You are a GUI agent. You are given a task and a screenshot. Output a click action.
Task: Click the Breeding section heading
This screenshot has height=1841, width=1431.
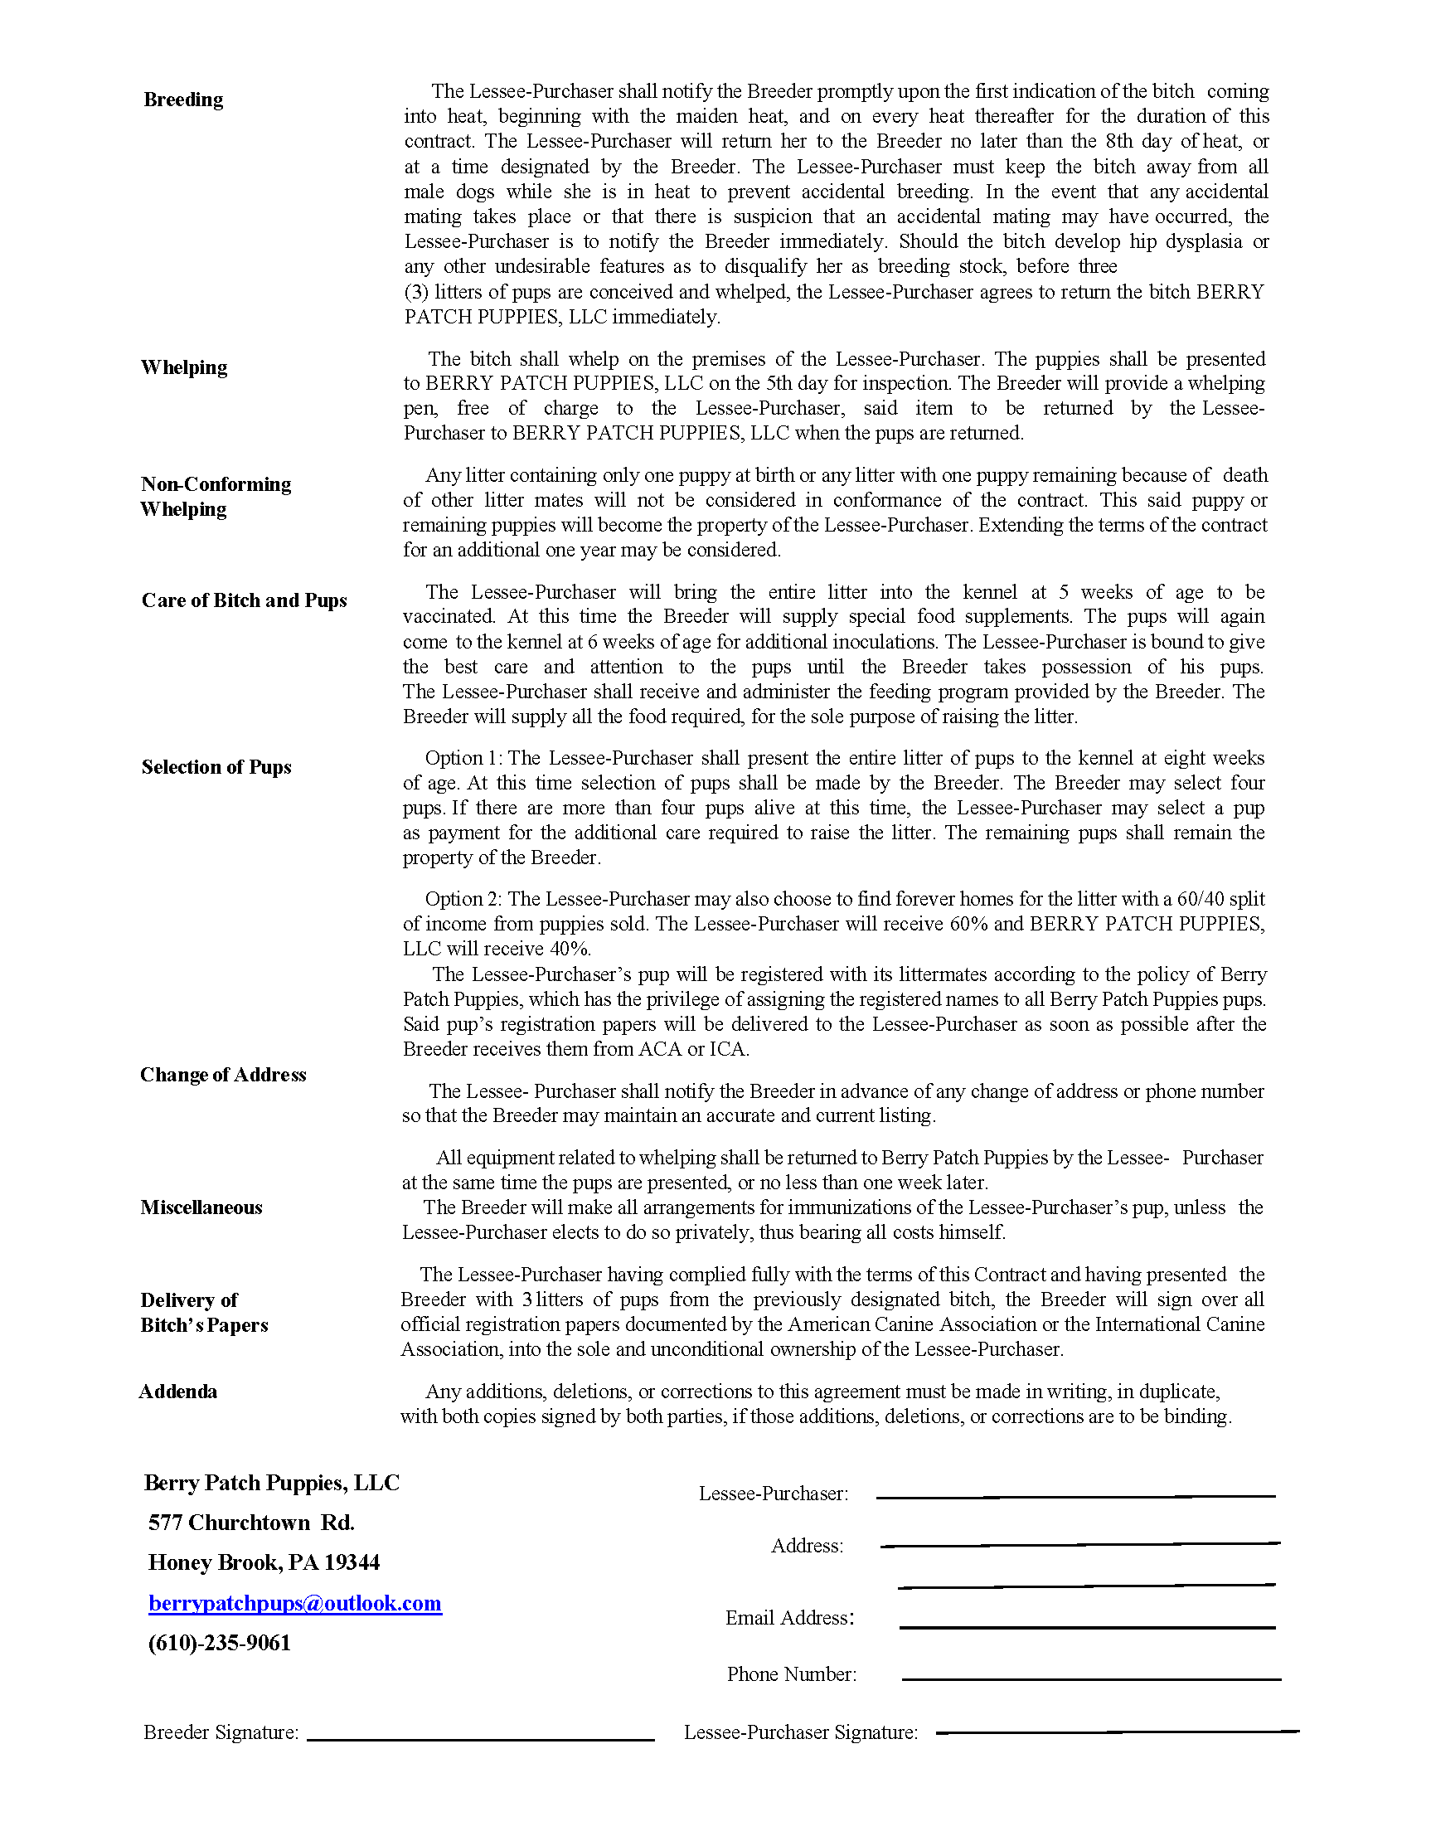pyautogui.click(x=183, y=100)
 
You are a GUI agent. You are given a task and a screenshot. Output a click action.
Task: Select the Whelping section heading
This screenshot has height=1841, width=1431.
pyautogui.click(x=184, y=367)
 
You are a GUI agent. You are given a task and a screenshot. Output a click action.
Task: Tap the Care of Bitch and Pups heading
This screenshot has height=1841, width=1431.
pyautogui.click(x=244, y=600)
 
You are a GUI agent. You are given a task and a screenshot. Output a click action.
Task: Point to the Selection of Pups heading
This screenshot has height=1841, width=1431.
pyautogui.click(x=216, y=767)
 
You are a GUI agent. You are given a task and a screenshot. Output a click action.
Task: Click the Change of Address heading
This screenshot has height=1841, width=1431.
pyautogui.click(x=222, y=1075)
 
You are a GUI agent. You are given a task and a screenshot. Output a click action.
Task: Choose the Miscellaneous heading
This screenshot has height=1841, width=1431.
pyautogui.click(x=201, y=1207)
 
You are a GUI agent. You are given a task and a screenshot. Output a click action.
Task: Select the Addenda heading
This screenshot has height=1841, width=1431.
pyautogui.click(x=177, y=1391)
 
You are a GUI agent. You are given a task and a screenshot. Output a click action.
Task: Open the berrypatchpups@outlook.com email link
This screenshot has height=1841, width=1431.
pyautogui.click(x=294, y=1602)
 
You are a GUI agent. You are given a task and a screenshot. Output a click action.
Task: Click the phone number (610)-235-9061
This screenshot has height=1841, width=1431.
pyautogui.click(x=218, y=1643)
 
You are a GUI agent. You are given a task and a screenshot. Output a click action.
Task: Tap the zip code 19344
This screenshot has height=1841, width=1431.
pyautogui.click(x=352, y=1562)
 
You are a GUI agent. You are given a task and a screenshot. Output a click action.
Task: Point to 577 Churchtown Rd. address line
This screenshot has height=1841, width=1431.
pyautogui.click(x=250, y=1523)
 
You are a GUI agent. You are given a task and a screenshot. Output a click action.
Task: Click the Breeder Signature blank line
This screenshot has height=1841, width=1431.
pyautogui.click(x=480, y=1738)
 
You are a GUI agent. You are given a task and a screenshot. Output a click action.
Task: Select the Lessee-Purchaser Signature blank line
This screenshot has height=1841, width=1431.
pyautogui.click(x=1117, y=1732)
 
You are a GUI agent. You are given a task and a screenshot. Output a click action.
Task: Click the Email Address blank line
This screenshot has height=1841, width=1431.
pyautogui.click(x=1086, y=1626)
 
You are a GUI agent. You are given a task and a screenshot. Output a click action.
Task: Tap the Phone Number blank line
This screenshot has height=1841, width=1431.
pyautogui.click(x=1090, y=1679)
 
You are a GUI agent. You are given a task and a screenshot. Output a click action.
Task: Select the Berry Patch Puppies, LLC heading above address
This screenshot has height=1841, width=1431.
pyautogui.click(x=271, y=1483)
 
